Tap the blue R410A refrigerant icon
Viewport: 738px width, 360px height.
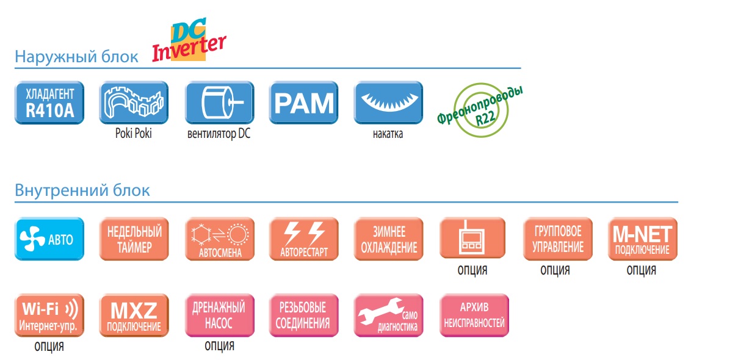coord(49,103)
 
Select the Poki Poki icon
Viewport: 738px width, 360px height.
coord(134,103)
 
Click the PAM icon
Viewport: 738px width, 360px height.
coord(303,103)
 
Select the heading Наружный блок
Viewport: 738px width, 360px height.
coord(77,57)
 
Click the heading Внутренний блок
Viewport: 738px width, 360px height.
coord(82,190)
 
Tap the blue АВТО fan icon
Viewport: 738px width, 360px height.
coord(49,239)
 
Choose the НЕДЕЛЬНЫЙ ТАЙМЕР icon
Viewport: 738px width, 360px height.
coord(134,239)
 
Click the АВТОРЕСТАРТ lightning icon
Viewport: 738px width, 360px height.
coord(303,239)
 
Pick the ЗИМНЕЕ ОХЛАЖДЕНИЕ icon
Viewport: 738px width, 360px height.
coord(388,239)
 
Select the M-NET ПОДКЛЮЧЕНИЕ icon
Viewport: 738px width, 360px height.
coord(642,239)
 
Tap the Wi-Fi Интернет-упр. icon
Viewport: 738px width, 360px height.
coord(49,315)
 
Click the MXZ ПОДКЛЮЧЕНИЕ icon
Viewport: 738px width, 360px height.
coord(134,315)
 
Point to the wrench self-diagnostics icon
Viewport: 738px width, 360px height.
coord(388,315)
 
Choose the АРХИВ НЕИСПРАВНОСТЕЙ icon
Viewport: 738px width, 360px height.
coord(474,315)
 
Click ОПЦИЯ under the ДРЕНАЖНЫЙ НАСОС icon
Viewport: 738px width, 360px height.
coord(219,347)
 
